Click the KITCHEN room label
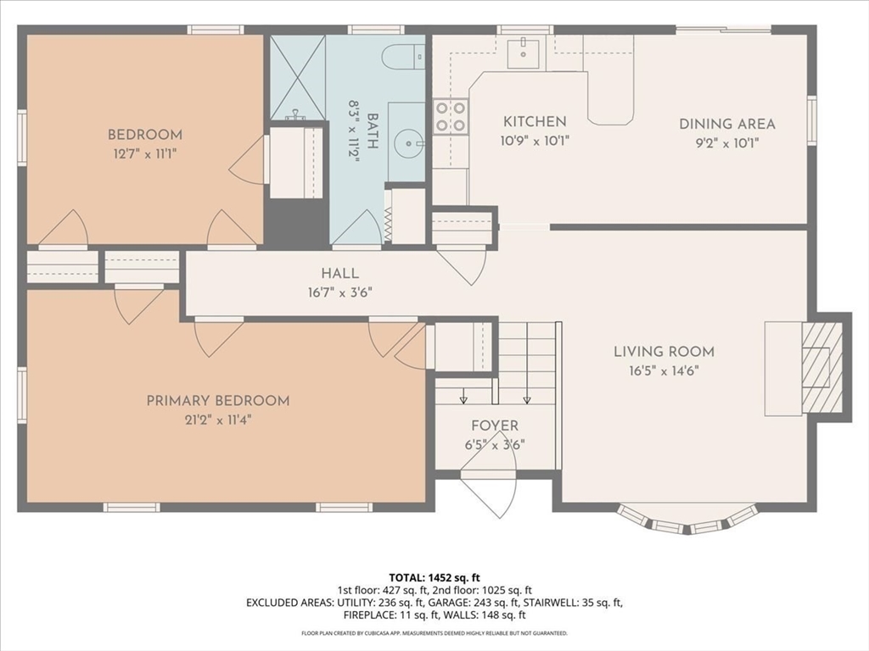tap(535, 122)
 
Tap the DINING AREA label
tap(726, 124)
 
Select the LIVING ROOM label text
tap(664, 351)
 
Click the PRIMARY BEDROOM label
tap(218, 400)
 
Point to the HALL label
tap(339, 273)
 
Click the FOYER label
tap(495, 426)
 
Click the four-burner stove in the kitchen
tap(451, 117)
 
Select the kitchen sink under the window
tap(524, 53)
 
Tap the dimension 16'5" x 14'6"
tap(664, 370)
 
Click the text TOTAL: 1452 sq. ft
tap(434, 577)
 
